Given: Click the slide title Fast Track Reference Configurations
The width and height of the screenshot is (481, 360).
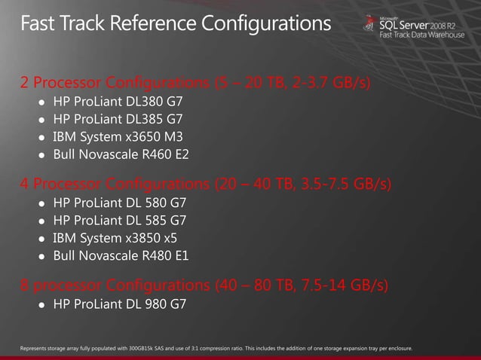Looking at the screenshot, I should [176, 25].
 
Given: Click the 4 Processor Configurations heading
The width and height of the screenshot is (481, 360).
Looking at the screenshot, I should [204, 184].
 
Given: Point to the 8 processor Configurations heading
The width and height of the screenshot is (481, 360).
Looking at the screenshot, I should [204, 285].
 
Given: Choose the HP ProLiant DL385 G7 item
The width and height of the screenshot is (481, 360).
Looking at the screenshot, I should [117, 120].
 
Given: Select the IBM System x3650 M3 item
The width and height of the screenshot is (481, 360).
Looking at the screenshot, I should [117, 137].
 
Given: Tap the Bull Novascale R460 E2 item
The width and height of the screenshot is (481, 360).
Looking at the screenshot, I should [121, 155].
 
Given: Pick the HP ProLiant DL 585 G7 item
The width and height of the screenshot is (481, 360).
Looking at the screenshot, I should [119, 221].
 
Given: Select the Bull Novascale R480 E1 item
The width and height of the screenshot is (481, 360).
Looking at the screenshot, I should [121, 257].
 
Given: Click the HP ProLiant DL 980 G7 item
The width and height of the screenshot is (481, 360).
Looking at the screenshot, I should [119, 305].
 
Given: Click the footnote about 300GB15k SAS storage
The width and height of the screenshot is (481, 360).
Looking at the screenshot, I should [219, 348].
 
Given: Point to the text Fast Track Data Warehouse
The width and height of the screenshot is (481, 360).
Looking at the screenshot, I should [421, 35].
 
